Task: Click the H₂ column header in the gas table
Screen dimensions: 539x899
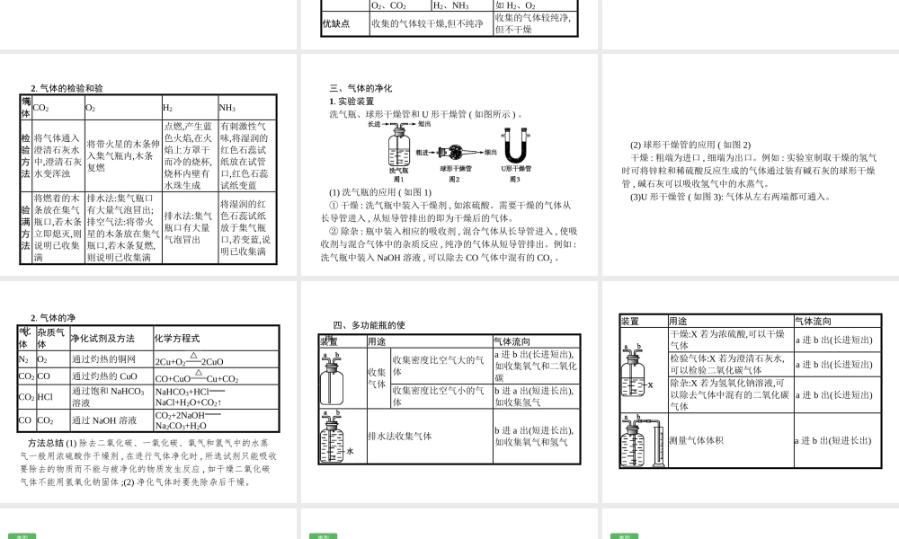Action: [x=168, y=108]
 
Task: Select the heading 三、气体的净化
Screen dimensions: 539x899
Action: [x=360, y=88]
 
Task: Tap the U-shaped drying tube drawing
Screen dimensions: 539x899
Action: [x=514, y=147]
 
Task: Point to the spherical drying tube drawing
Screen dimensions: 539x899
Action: [x=456, y=152]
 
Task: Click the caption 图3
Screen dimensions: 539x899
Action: [x=514, y=179]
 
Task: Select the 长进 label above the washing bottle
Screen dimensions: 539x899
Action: [x=375, y=124]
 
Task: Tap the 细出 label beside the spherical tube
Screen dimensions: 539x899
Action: [x=490, y=152]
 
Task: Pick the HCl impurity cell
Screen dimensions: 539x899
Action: [x=45, y=396]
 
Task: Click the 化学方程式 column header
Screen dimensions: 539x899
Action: [x=176, y=339]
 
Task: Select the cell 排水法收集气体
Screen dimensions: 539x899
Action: [x=399, y=436]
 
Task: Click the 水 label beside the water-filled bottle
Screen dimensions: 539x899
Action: [x=350, y=451]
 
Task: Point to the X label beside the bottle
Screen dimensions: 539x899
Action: [x=649, y=385]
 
